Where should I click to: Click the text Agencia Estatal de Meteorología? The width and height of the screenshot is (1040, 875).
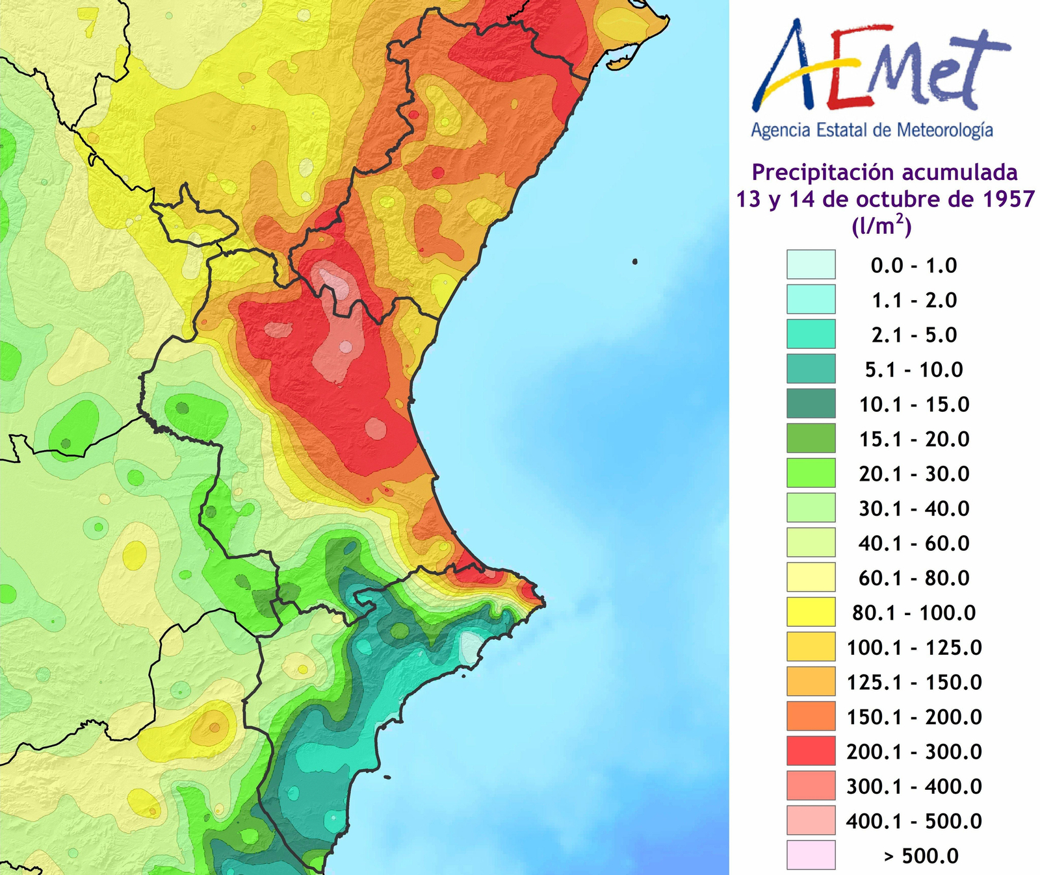[872, 130]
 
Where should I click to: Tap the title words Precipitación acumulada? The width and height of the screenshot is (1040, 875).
[885, 173]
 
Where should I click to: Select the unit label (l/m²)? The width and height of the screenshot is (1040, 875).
[881, 226]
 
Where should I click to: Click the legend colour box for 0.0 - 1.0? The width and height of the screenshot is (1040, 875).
[811, 265]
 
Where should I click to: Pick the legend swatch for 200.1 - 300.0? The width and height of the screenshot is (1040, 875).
[811, 751]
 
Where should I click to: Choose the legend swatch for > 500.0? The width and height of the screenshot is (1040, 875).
[811, 855]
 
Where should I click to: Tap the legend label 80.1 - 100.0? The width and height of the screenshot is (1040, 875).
[914, 613]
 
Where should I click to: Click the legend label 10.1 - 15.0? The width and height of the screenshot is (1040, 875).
[914, 404]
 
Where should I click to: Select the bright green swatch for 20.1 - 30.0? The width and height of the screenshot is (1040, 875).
[811, 473]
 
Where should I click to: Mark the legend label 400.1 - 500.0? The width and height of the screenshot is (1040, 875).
[914, 821]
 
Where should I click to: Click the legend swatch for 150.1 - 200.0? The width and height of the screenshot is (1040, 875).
[811, 716]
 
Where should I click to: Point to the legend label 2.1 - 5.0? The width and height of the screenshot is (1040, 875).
[914, 335]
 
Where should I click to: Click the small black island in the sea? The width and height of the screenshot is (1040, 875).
[634, 262]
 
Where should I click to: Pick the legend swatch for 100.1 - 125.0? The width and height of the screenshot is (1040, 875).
[811, 646]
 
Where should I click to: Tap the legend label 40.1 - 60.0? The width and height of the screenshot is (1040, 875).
[914, 543]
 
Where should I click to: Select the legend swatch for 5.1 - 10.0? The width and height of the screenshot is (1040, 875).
[811, 369]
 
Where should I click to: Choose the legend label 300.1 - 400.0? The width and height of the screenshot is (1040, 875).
[914, 786]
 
